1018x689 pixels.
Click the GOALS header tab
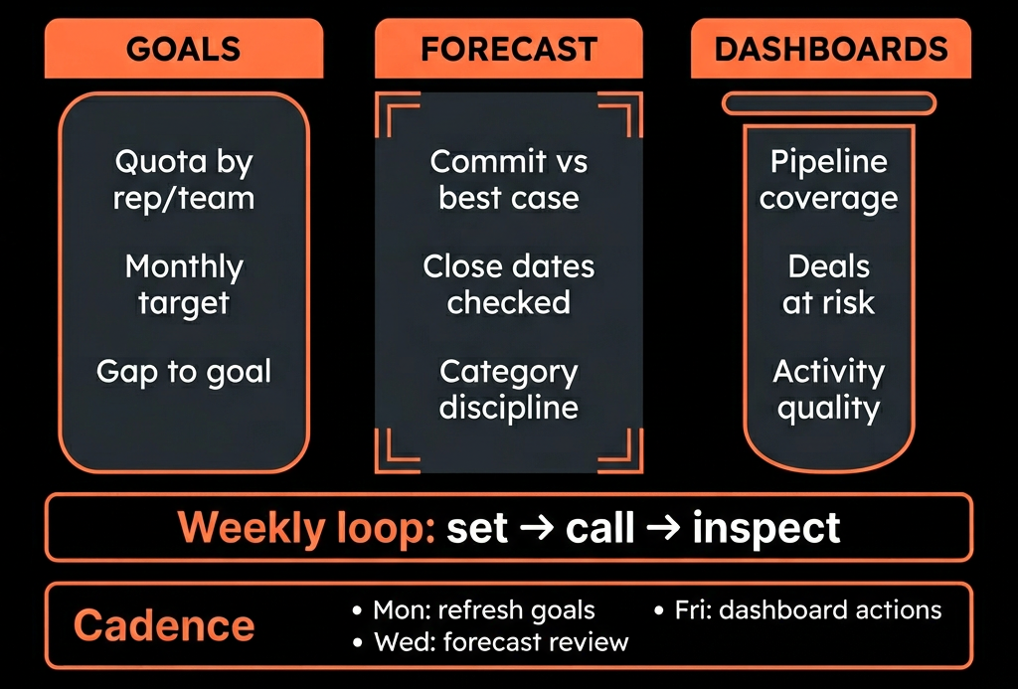[184, 49]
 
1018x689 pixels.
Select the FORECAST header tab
[509, 49]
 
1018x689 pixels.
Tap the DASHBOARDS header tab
[831, 49]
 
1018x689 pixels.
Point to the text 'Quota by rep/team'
[184, 180]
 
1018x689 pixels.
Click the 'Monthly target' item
[184, 285]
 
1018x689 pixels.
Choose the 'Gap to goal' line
[184, 372]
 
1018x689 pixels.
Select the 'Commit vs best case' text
[509, 180]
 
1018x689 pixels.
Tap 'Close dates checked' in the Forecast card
[509, 284]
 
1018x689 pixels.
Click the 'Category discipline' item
[509, 390]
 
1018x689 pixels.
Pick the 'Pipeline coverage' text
[829, 180]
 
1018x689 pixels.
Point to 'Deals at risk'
[829, 284]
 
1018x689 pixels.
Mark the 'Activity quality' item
[829, 390]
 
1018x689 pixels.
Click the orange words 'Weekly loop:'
[306, 527]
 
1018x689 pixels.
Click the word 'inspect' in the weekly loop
[766, 529]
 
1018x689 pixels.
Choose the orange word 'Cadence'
[164, 625]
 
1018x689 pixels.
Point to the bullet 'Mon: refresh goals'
[474, 610]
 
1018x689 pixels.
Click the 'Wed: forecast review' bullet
[491, 642]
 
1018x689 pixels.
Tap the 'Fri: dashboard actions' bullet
[798, 610]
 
